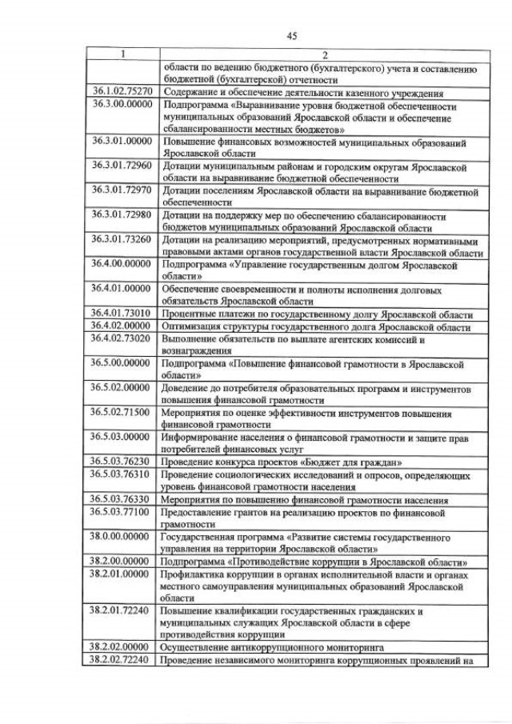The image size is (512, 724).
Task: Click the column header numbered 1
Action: pyautogui.click(x=122, y=54)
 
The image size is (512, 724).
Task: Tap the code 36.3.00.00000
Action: pyautogui.click(x=122, y=105)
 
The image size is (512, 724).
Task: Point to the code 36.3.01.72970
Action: pyautogui.click(x=122, y=191)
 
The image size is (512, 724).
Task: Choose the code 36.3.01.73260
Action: pyautogui.click(x=122, y=239)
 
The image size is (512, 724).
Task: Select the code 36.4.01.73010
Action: pyautogui.click(x=122, y=314)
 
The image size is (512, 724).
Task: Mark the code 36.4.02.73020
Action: pyautogui.click(x=122, y=338)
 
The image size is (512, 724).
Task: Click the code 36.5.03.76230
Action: pyautogui.click(x=122, y=462)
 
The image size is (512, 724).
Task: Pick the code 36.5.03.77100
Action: pyautogui.click(x=122, y=511)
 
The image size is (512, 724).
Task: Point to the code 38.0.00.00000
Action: pyautogui.click(x=122, y=538)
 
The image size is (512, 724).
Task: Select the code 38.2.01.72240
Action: pyautogui.click(x=122, y=611)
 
